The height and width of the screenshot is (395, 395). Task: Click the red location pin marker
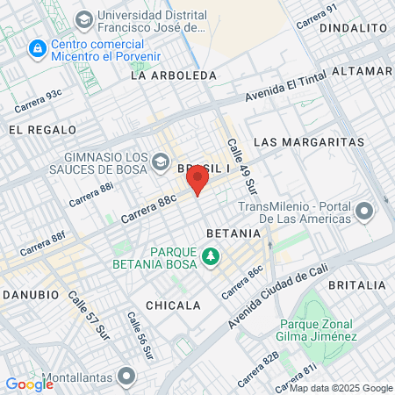[197, 181]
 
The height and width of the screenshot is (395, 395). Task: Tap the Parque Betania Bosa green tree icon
[210, 256]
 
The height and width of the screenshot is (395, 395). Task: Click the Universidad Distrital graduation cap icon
[83, 18]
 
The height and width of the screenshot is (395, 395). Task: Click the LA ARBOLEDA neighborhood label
[173, 75]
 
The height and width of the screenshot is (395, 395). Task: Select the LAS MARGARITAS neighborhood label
[308, 141]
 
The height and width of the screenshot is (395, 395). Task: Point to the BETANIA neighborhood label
[233, 233]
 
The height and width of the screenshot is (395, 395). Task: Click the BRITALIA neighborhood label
[356, 285]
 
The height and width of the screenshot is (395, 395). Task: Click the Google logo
[29, 384]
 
